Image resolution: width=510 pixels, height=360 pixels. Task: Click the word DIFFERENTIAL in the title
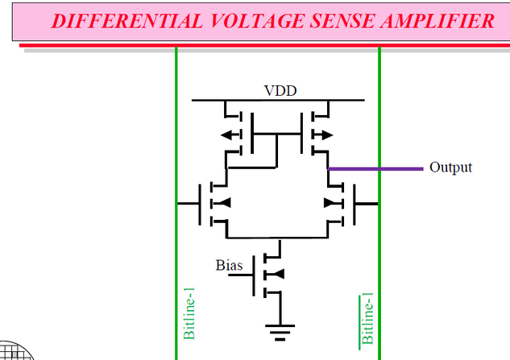[114, 21]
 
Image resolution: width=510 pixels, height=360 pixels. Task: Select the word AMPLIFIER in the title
[440, 21]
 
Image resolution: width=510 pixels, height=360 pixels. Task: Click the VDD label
[280, 90]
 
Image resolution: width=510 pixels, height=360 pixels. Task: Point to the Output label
[450, 168]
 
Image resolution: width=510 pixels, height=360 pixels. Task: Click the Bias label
[228, 264]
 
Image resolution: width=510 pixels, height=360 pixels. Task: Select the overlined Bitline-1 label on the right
[367, 318]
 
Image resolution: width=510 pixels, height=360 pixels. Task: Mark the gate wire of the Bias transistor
[241, 275]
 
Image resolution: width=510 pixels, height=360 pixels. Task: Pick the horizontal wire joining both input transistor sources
[279, 238]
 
